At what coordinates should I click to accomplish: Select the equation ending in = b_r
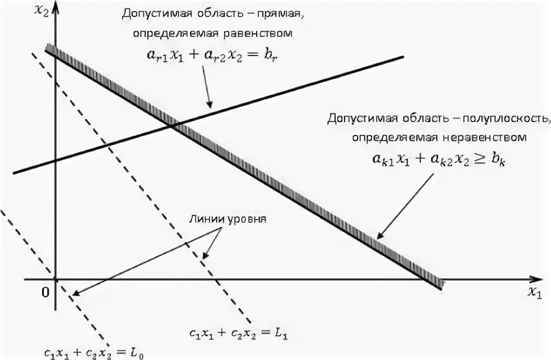[213, 54]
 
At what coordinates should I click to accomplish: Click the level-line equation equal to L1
[239, 333]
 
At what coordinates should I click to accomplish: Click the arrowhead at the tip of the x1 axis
[536, 279]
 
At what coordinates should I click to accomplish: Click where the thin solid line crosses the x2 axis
[54, 160]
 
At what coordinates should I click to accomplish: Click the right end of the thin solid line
[404, 56]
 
